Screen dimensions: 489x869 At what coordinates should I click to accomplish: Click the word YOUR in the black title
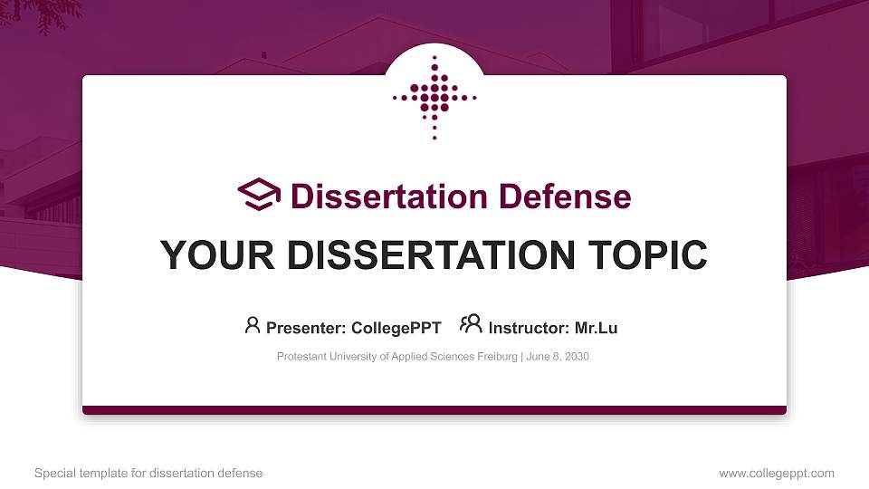(214, 255)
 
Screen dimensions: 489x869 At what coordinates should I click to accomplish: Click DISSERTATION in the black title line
(422, 255)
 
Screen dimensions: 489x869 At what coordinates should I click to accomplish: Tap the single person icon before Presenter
(253, 325)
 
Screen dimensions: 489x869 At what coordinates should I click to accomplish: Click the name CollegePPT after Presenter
(396, 328)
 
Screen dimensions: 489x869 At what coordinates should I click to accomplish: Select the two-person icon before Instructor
(471, 325)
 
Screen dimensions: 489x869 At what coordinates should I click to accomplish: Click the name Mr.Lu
(597, 328)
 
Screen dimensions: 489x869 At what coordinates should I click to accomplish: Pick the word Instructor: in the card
(530, 328)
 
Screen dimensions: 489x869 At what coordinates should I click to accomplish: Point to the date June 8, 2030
(558, 357)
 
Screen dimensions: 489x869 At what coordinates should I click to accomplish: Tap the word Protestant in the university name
(301, 357)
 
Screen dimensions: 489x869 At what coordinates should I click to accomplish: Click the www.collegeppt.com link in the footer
(776, 473)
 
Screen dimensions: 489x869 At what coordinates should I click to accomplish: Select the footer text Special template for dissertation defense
(148, 473)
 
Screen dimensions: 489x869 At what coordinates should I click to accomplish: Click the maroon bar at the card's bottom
(434, 410)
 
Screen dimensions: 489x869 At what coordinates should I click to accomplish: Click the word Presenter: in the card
(303, 328)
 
